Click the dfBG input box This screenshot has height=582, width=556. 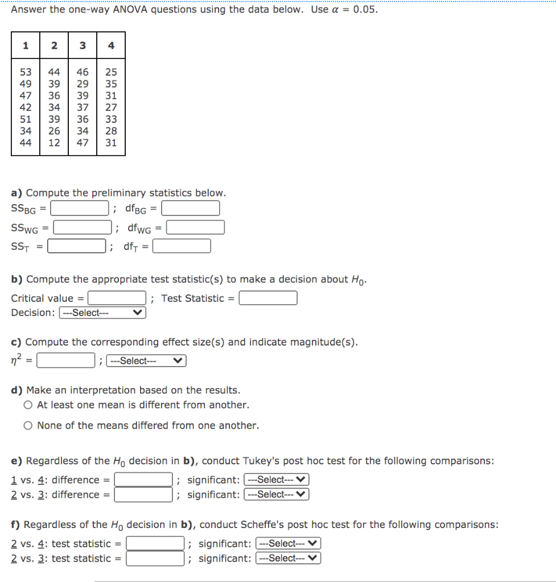coord(191,209)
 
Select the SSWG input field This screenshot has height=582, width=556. coord(83,228)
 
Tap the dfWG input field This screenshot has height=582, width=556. coord(195,228)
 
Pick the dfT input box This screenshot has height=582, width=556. coord(182,247)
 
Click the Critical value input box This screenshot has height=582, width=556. coord(117,298)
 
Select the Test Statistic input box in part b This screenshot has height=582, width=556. coord(268,298)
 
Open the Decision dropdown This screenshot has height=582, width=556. coord(102,313)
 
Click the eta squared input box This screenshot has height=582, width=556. coord(66,361)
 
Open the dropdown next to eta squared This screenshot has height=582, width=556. coord(146,361)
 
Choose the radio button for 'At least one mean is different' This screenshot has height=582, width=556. coord(28,405)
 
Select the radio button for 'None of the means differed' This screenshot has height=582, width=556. coord(28,426)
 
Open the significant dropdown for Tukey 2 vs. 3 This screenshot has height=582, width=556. coord(276,494)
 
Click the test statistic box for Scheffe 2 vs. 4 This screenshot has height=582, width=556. coord(155,544)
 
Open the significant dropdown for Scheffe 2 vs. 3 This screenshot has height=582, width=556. coord(288,559)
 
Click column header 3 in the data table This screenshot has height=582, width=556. coord(83,46)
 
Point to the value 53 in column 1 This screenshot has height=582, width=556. coord(26,72)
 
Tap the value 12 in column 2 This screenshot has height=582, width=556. coord(54,143)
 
